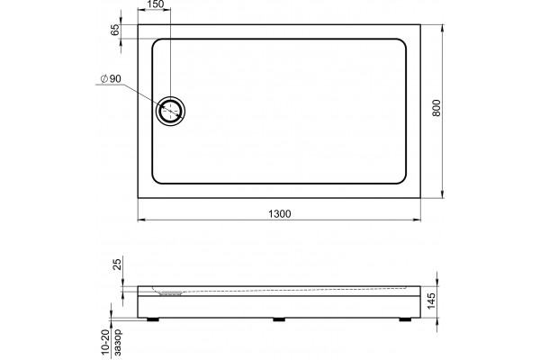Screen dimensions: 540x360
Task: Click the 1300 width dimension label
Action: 279,214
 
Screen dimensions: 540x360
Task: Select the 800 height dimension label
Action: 436,108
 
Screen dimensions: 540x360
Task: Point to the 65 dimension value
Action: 115,30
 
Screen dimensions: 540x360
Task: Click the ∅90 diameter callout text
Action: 111,79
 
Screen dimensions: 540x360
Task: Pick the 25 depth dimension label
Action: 117,265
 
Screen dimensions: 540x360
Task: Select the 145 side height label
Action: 430,301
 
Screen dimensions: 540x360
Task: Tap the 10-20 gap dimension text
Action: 105,342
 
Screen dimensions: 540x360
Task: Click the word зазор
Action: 117,342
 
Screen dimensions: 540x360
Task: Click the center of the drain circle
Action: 170,111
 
